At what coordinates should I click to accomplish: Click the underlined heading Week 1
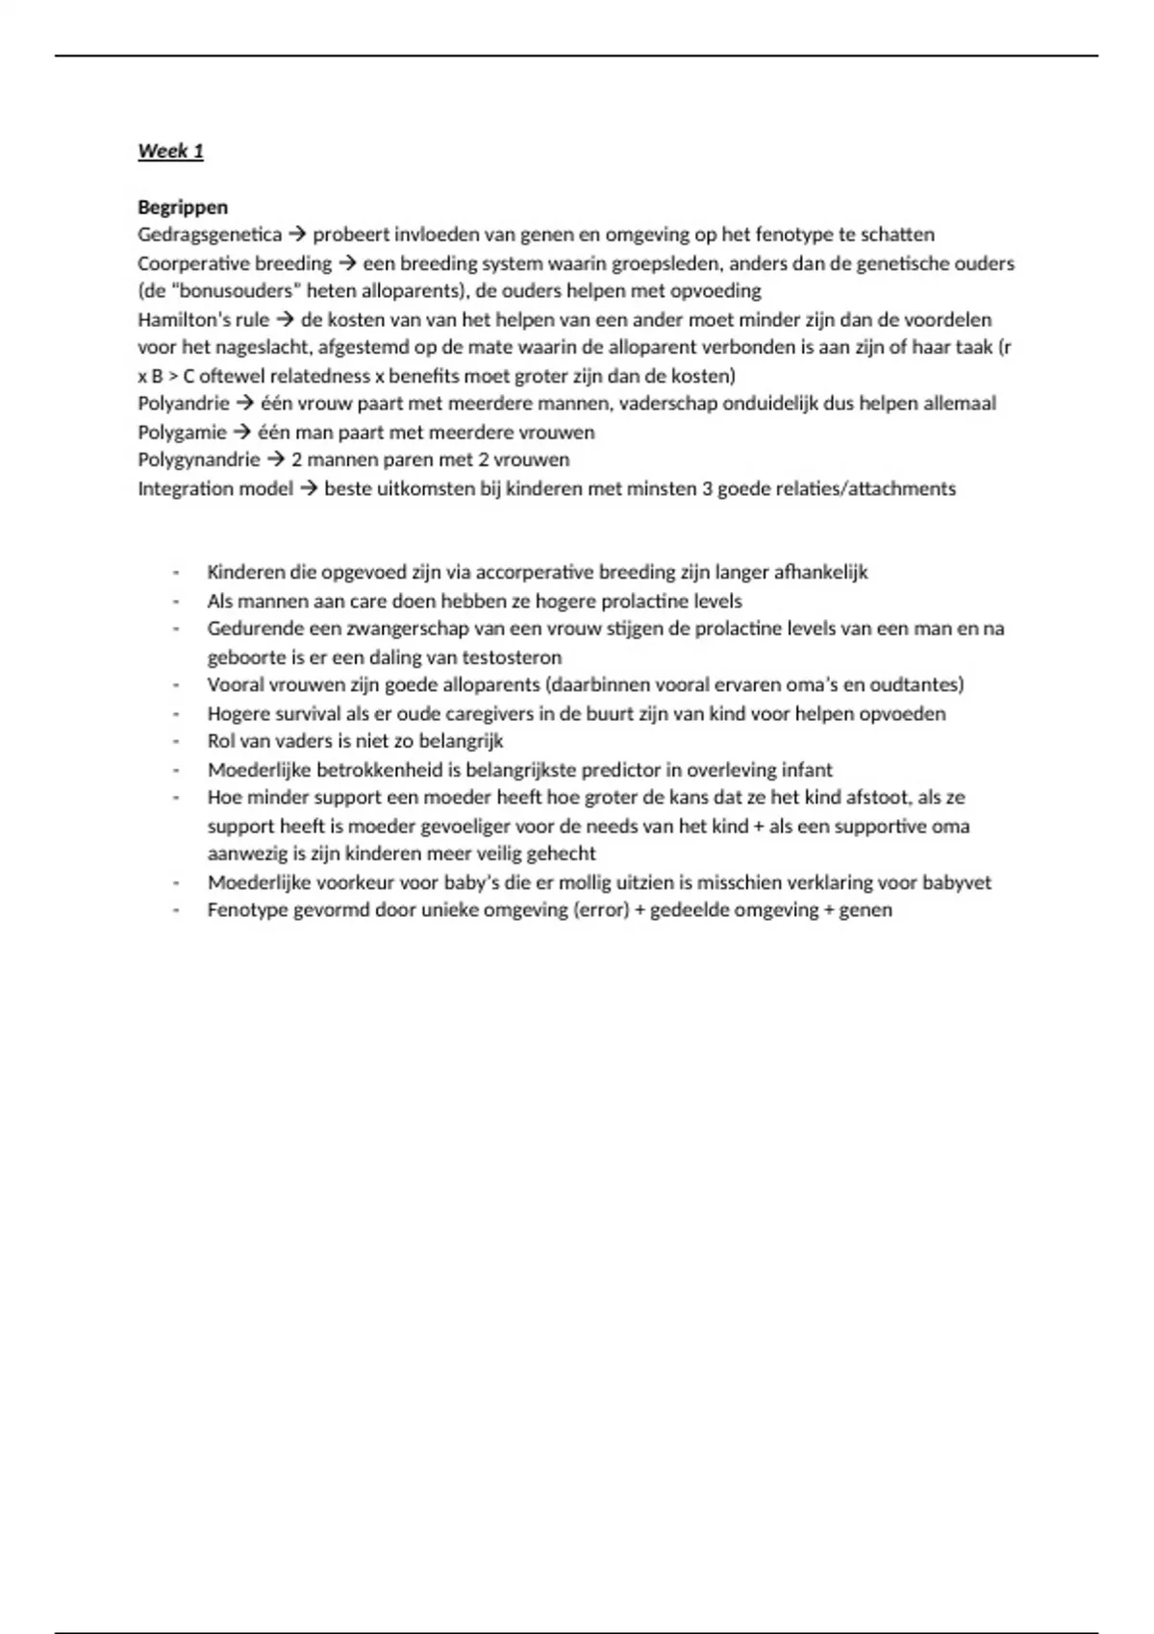point(170,151)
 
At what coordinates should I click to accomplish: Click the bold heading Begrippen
point(183,207)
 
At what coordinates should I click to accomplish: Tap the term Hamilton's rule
point(203,319)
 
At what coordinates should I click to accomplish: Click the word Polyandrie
point(183,404)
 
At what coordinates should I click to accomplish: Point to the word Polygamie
point(182,432)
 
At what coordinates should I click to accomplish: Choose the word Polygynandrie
point(198,459)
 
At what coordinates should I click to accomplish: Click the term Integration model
point(214,488)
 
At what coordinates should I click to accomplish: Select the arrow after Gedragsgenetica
point(297,235)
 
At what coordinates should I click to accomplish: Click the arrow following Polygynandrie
point(276,459)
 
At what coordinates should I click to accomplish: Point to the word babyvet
point(956,882)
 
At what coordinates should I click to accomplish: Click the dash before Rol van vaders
point(176,742)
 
